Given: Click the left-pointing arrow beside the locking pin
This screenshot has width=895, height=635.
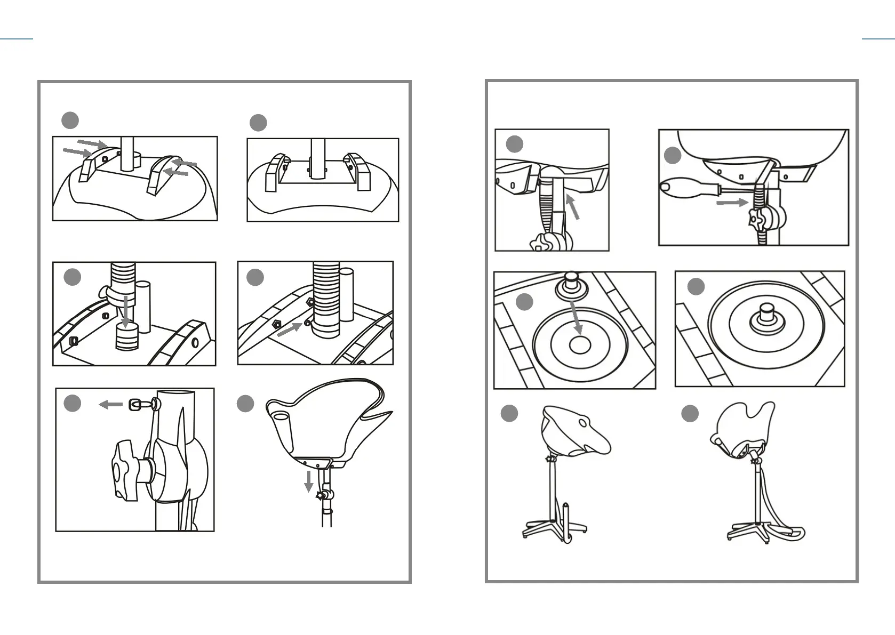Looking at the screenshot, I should (x=111, y=405).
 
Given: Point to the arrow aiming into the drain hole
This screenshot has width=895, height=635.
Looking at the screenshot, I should (x=576, y=318).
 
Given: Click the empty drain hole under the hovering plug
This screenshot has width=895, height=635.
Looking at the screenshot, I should (x=580, y=344).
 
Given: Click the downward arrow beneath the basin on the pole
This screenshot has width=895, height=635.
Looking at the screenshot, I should (x=308, y=481).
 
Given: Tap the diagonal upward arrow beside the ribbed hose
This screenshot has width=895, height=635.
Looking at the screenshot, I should (x=572, y=207).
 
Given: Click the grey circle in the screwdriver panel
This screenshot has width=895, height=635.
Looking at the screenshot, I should (x=673, y=156).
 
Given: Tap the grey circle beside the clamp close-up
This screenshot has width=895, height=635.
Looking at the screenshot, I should (x=73, y=403).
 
